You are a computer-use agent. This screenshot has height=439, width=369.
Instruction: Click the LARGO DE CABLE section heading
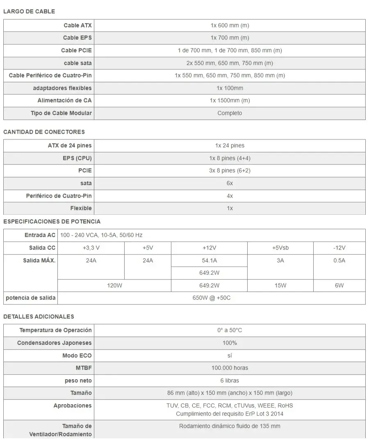(29, 11)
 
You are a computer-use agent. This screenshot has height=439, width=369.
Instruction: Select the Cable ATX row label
(77, 25)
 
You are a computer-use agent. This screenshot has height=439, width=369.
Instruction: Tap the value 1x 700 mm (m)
(230, 38)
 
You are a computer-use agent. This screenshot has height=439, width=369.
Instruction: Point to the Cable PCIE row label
(76, 50)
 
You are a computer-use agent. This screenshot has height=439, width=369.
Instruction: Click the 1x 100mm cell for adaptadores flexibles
(230, 88)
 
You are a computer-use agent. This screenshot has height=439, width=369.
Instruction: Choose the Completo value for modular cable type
(230, 113)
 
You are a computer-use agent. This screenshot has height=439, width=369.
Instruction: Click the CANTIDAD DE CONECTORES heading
(44, 132)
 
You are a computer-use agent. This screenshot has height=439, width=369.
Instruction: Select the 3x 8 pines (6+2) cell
(230, 171)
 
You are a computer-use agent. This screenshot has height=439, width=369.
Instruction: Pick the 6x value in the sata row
(230, 183)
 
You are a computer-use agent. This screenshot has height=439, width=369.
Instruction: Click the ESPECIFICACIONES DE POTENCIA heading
(52, 221)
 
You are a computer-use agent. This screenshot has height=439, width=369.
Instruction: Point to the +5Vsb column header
(280, 248)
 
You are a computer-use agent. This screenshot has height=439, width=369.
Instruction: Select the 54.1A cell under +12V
(210, 261)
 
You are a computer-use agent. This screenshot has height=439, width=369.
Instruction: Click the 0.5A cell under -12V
(339, 261)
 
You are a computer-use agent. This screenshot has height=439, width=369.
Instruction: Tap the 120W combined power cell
(114, 286)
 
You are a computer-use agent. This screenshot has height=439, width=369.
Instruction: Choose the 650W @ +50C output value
(211, 298)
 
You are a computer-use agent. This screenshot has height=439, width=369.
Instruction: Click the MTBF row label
(84, 368)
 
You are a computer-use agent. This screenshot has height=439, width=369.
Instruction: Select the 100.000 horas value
(230, 368)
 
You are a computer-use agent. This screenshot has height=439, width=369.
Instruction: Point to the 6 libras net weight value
(230, 381)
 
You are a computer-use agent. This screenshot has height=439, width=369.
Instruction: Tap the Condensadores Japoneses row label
(55, 343)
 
